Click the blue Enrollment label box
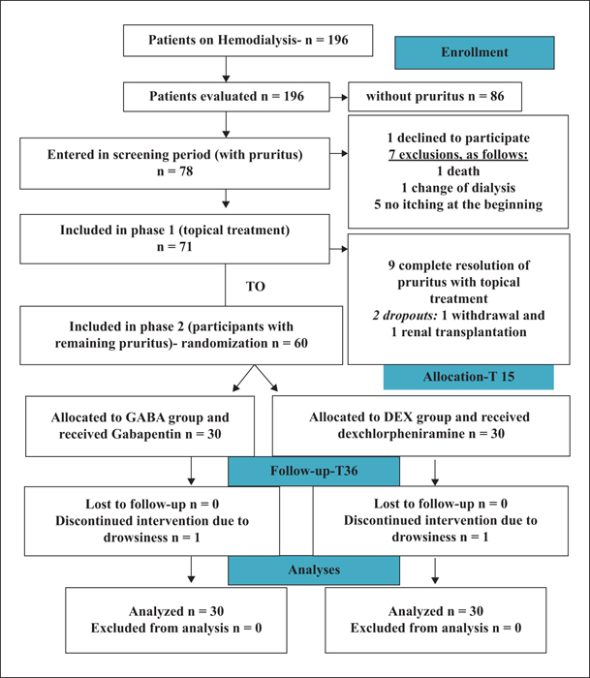[474, 52]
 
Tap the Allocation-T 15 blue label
[469, 377]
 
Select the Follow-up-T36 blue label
[314, 471]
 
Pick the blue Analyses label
[314, 570]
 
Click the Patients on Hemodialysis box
[248, 41]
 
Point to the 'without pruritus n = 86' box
[435, 97]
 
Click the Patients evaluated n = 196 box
[227, 97]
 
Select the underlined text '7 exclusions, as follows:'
[458, 154]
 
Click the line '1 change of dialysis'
[458, 188]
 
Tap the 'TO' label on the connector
[255, 287]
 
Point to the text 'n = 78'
[174, 171]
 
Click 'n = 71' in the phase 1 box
[174, 247]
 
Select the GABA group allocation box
[140, 426]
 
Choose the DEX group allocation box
[420, 426]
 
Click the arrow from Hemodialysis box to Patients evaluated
[226, 69]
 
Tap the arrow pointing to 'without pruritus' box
[339, 97]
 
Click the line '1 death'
[458, 171]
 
